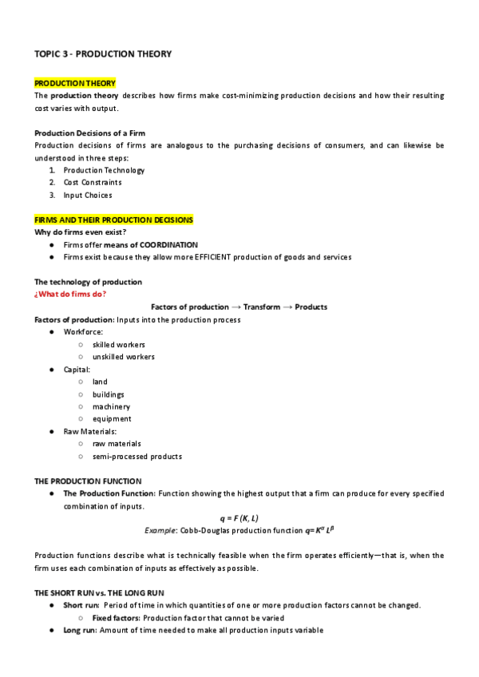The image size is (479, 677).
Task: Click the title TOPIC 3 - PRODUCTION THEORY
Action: pyautogui.click(x=103, y=53)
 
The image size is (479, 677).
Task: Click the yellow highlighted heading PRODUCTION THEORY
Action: pyautogui.click(x=75, y=83)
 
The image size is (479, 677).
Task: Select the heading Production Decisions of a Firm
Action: pyautogui.click(x=89, y=133)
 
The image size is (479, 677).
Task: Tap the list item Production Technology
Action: pyautogui.click(x=104, y=170)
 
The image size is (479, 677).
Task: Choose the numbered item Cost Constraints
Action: pyautogui.click(x=93, y=182)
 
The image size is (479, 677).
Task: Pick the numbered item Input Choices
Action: pyautogui.click(x=88, y=195)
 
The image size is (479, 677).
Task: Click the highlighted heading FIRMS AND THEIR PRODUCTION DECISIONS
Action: pyautogui.click(x=113, y=220)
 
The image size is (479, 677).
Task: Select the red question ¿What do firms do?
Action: pyautogui.click(x=70, y=294)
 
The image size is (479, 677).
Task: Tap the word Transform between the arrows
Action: pyautogui.click(x=262, y=307)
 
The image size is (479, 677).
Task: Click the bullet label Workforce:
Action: pyautogui.click(x=83, y=331)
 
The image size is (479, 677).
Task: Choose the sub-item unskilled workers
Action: pyautogui.click(x=124, y=357)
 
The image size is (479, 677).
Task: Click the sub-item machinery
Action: pyautogui.click(x=111, y=406)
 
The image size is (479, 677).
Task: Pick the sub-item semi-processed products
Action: pyautogui.click(x=137, y=457)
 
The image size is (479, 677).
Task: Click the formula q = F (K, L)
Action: pyautogui.click(x=239, y=518)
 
